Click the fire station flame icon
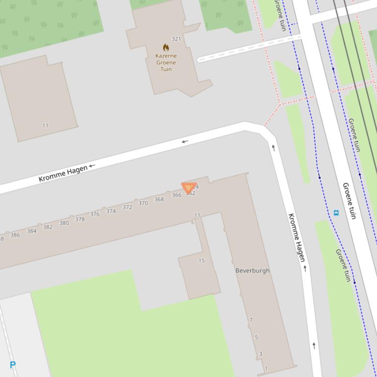click(x=166, y=47)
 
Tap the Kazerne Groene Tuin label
click(x=166, y=62)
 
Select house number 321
click(x=176, y=39)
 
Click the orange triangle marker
click(x=189, y=188)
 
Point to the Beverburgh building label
click(x=252, y=270)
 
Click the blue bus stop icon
click(x=336, y=212)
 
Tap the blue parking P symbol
click(x=13, y=364)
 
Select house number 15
click(x=201, y=260)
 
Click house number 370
click(x=143, y=203)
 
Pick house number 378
click(x=80, y=219)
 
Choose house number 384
click(x=31, y=231)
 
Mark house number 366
click(x=176, y=195)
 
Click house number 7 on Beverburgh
click(x=251, y=320)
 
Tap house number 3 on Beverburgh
click(x=260, y=354)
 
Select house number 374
click(x=111, y=212)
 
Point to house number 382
click(x=48, y=227)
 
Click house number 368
click(x=159, y=199)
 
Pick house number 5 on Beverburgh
click(x=256, y=337)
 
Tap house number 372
click(x=127, y=207)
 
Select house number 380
click(x=64, y=223)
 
